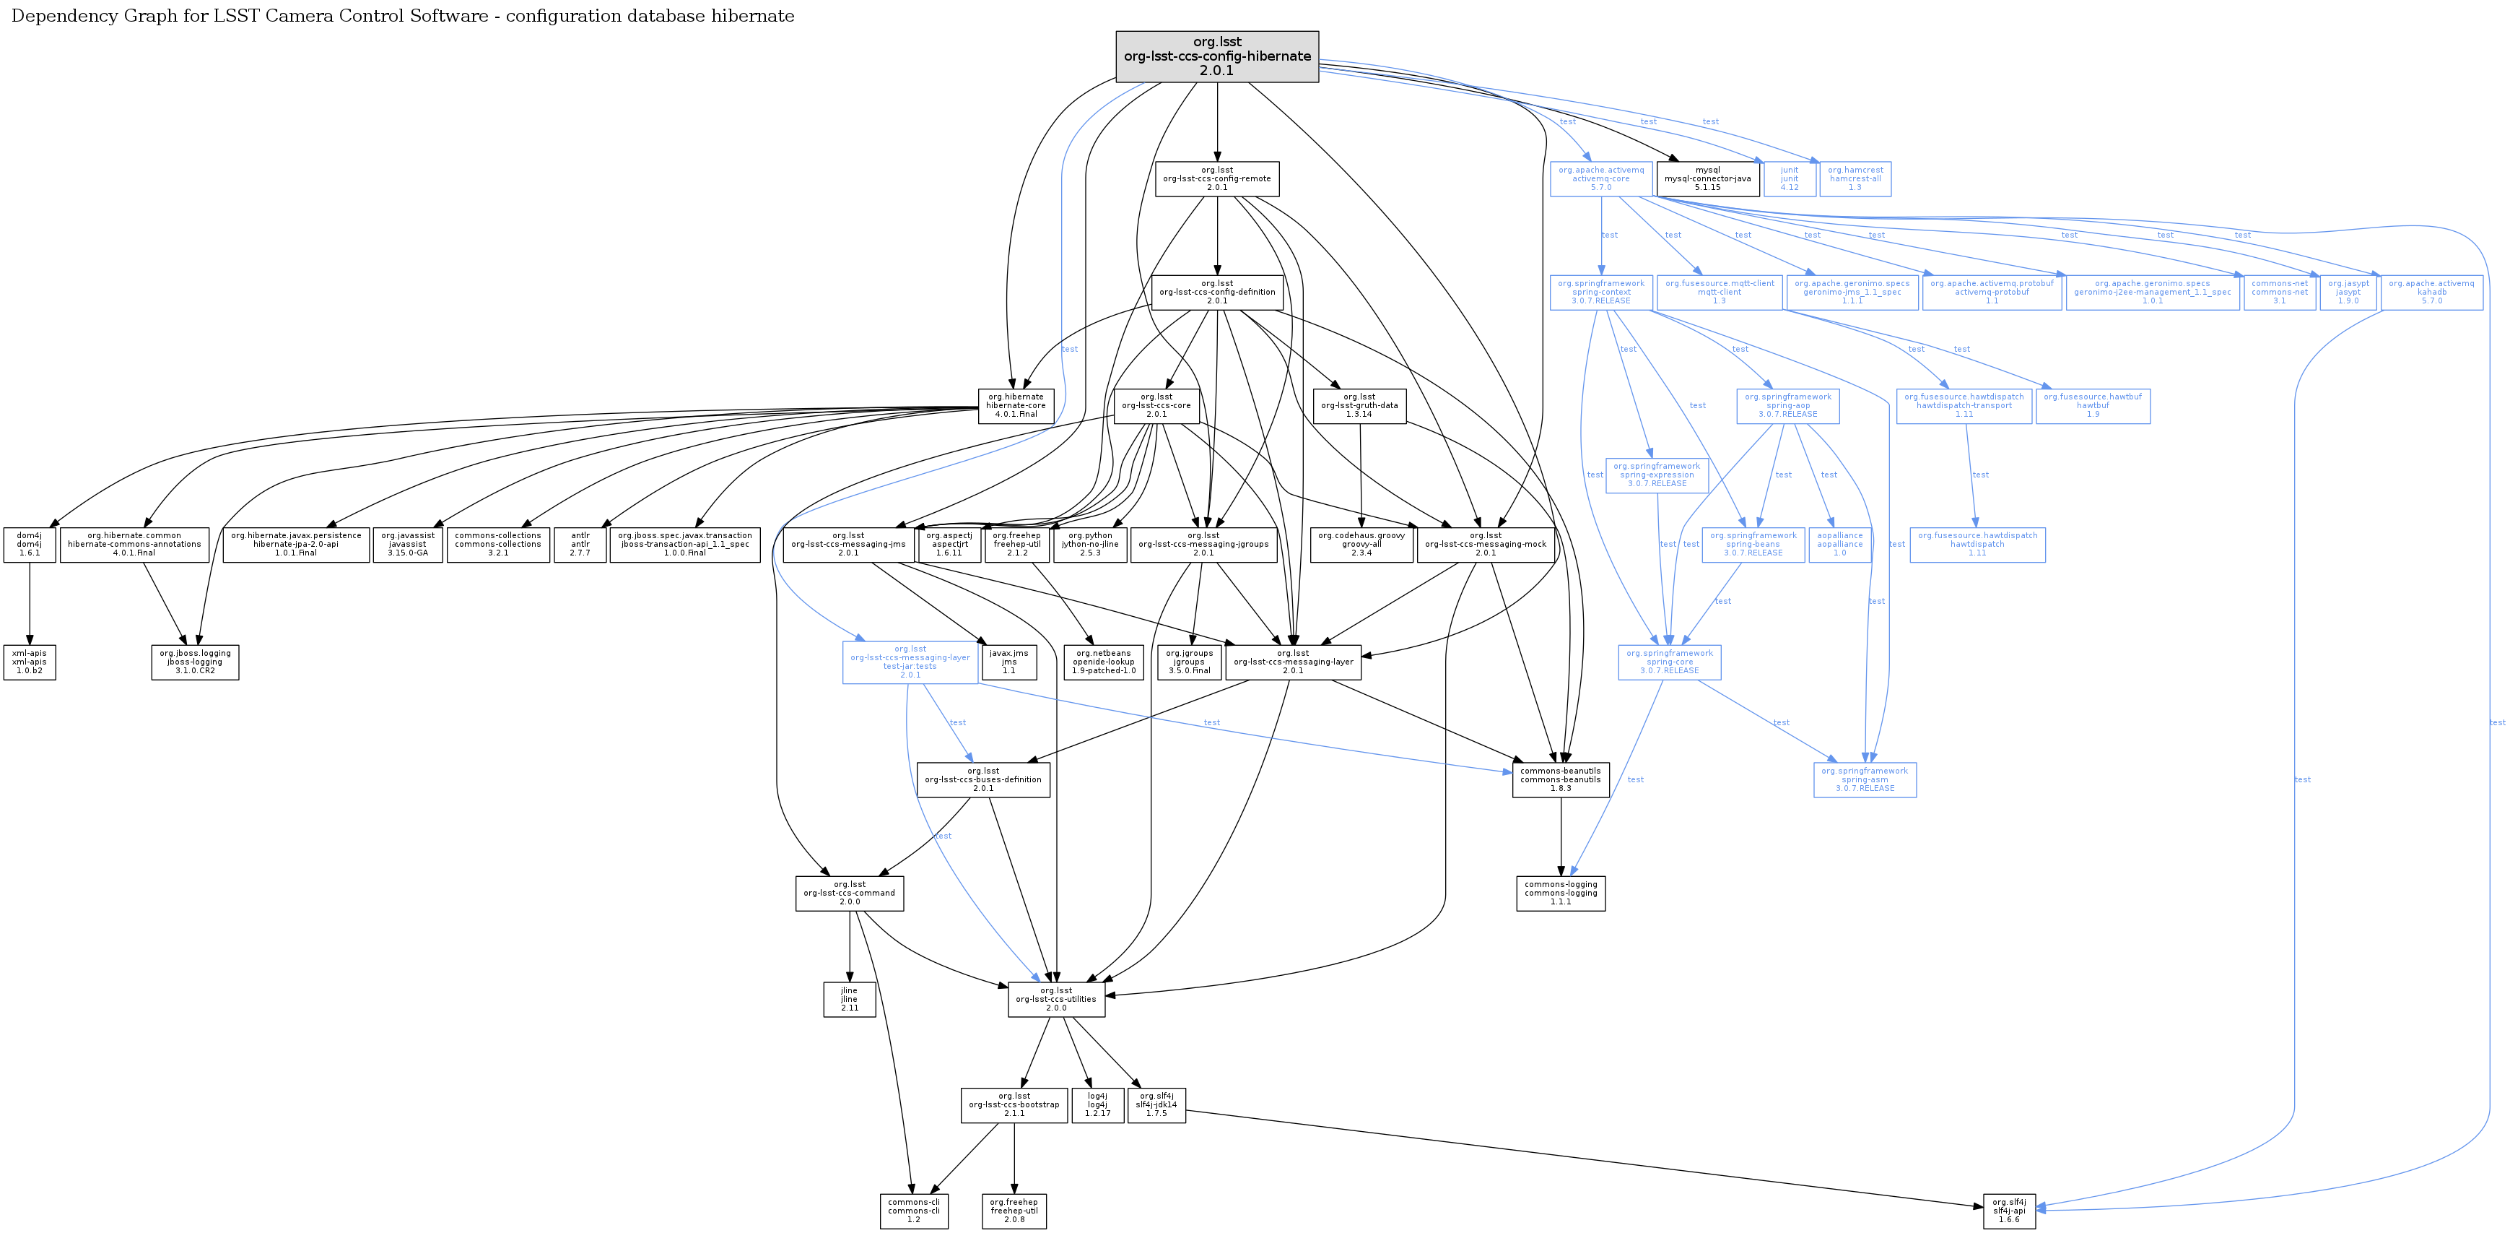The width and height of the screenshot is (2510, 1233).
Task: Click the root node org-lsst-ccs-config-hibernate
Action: pyautogui.click(x=1216, y=56)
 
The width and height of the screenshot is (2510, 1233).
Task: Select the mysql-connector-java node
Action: pyautogui.click(x=1707, y=178)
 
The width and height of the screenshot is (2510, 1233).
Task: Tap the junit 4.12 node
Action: pyautogui.click(x=1789, y=178)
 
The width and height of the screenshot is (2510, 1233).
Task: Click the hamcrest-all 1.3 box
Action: pyautogui.click(x=1855, y=178)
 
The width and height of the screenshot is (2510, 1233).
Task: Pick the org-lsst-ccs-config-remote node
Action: pyautogui.click(x=1216, y=178)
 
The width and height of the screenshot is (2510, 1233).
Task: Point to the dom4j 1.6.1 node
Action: pyautogui.click(x=29, y=544)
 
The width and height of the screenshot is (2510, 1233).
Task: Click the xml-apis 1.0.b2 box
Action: pyautogui.click(x=29, y=662)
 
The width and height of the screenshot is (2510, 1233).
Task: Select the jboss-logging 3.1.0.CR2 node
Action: pyautogui.click(x=195, y=662)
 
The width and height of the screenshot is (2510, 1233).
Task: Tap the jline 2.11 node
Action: pyautogui.click(x=849, y=999)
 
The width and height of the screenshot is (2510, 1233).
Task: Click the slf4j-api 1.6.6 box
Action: pyautogui.click(x=2008, y=1211)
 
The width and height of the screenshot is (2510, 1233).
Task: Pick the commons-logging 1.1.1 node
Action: pyautogui.click(x=1560, y=893)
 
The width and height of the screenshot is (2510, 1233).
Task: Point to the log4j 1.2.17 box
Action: pyautogui.click(x=1097, y=1104)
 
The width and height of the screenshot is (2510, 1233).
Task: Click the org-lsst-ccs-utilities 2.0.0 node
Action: pyautogui.click(x=1055, y=999)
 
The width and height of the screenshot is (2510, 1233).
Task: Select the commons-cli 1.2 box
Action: pyautogui.click(x=913, y=1211)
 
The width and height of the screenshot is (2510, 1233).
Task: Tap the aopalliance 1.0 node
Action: pyautogui.click(x=1839, y=544)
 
